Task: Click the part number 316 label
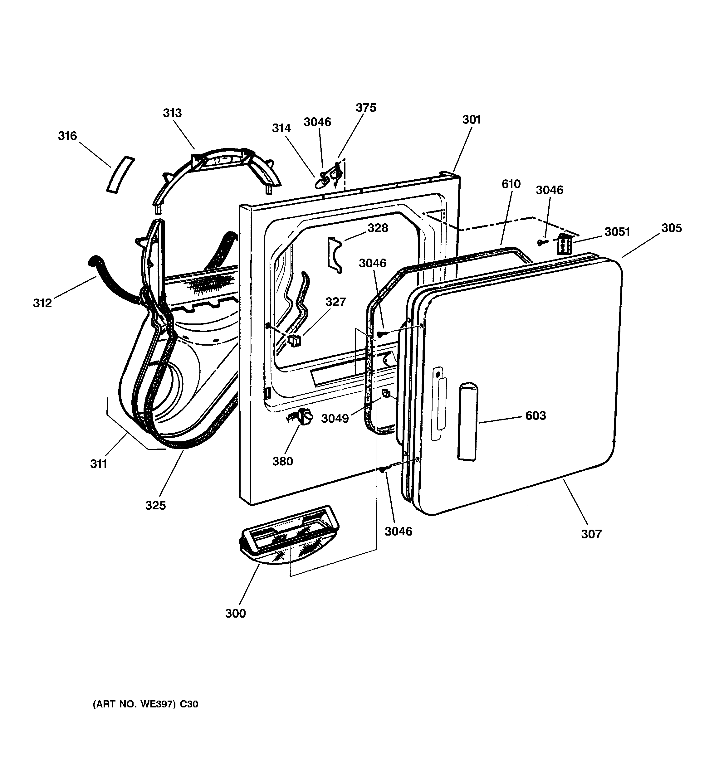pyautogui.click(x=68, y=136)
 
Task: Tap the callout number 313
pyautogui.click(x=172, y=113)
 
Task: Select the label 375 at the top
pyautogui.click(x=366, y=108)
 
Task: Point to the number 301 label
pyautogui.click(x=472, y=119)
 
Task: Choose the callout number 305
pyautogui.click(x=672, y=228)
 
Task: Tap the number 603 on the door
pyautogui.click(x=536, y=415)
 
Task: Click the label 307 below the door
pyautogui.click(x=591, y=534)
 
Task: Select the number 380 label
pyautogui.click(x=282, y=461)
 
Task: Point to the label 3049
pyautogui.click(x=335, y=418)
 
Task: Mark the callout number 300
pyautogui.click(x=236, y=614)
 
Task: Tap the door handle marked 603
pyautogui.click(x=468, y=421)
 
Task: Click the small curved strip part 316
pyautogui.click(x=120, y=174)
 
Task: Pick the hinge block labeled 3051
pyautogui.click(x=564, y=244)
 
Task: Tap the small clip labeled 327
pyautogui.click(x=294, y=341)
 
